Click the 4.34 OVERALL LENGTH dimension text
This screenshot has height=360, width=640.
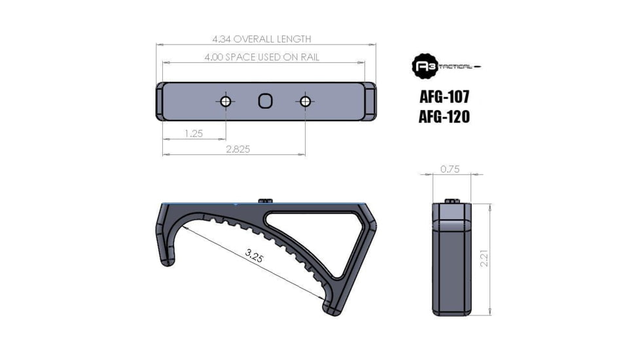(266, 39)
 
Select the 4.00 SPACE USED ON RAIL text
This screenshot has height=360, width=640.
(262, 58)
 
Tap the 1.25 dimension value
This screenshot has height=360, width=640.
(194, 134)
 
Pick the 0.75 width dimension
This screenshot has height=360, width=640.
(450, 169)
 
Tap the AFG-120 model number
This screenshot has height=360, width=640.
(444, 117)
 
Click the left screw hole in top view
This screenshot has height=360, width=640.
(226, 101)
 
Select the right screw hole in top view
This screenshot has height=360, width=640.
(304, 101)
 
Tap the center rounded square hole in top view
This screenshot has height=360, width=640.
(265, 101)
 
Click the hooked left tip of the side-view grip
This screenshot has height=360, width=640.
(166, 259)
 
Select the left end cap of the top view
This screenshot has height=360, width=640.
(160, 101)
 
